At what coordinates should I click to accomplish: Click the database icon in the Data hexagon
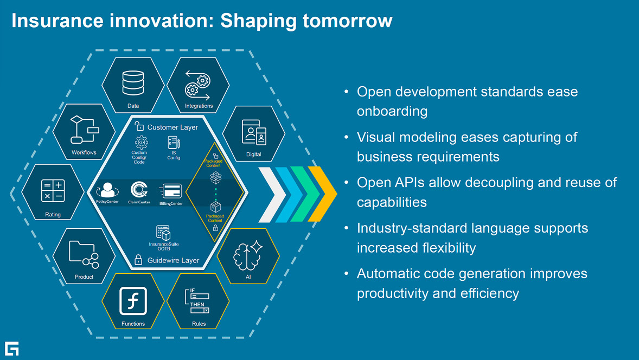coord(133,83)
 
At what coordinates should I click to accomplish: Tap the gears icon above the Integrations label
coord(198,85)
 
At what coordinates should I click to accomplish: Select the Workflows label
coord(84,152)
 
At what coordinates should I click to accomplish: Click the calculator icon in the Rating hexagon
coord(53,191)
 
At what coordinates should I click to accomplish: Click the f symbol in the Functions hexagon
coord(133,301)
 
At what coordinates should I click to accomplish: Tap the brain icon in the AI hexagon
coord(248,256)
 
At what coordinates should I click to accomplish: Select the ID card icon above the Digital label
coord(254,132)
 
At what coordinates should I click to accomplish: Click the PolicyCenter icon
coord(107,190)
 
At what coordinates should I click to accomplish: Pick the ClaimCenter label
coord(139,202)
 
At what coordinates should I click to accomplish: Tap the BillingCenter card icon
coord(171,191)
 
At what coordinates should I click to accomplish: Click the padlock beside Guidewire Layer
coord(138,260)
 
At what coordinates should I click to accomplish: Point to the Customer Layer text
coord(173,127)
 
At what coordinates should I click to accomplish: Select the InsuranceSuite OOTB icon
coord(163,233)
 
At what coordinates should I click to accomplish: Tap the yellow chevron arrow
coord(322,194)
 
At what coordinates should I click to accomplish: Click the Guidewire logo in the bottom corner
coord(12,349)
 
